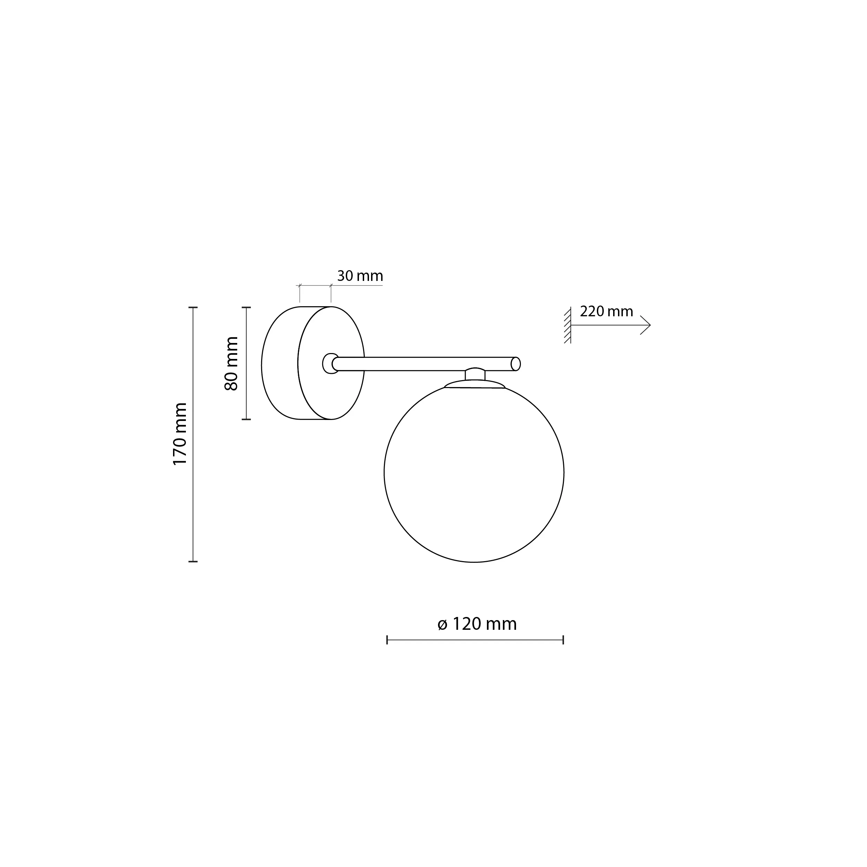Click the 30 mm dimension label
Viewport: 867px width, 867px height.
360,276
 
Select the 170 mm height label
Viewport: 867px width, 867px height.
180,434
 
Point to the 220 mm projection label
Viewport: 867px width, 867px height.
606,311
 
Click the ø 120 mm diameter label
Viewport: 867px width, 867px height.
477,624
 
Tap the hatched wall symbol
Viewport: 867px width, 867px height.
568,325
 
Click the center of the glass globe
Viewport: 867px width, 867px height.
474,473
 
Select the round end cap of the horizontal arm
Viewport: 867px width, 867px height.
516,364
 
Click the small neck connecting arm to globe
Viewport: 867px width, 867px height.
475,374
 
